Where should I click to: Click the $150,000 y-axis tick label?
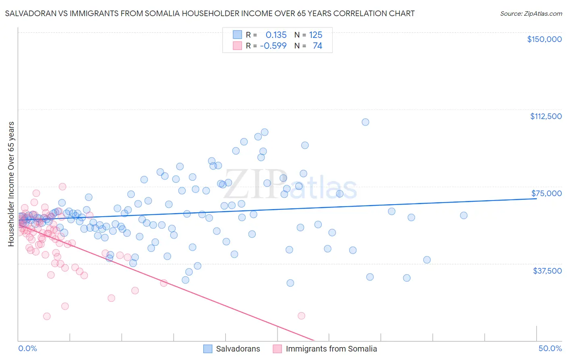coord(544,39)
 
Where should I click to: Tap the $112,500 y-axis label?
coord(546,116)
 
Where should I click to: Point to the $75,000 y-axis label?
coord(546,193)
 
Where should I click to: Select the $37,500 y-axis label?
coord(547,271)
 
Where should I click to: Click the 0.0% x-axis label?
coord(27,348)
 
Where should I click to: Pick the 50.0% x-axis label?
coord(550,348)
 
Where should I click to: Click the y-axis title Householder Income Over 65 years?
coord(11,184)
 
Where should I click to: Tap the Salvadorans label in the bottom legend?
coord(238,349)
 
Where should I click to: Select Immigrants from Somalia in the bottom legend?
coord(331,349)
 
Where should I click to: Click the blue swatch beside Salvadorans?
coord(208,349)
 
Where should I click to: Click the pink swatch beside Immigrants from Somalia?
coord(277,349)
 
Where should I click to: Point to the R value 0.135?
coord(276,35)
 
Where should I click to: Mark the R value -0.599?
coord(273,46)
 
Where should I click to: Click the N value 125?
coord(316,35)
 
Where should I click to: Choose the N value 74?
coord(317,46)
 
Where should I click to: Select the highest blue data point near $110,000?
coord(365,122)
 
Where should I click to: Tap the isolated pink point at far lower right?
coord(301,316)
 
